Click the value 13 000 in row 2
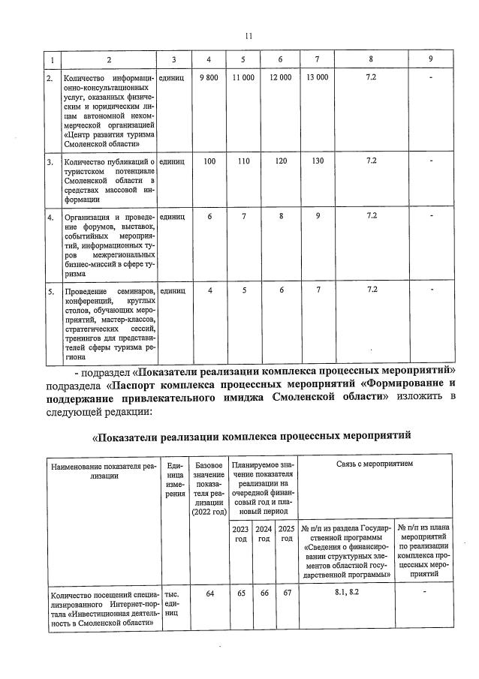[318, 78]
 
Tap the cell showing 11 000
[244, 78]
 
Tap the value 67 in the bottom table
[286, 593]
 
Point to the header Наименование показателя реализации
[103, 470]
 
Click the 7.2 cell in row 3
[371, 161]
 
